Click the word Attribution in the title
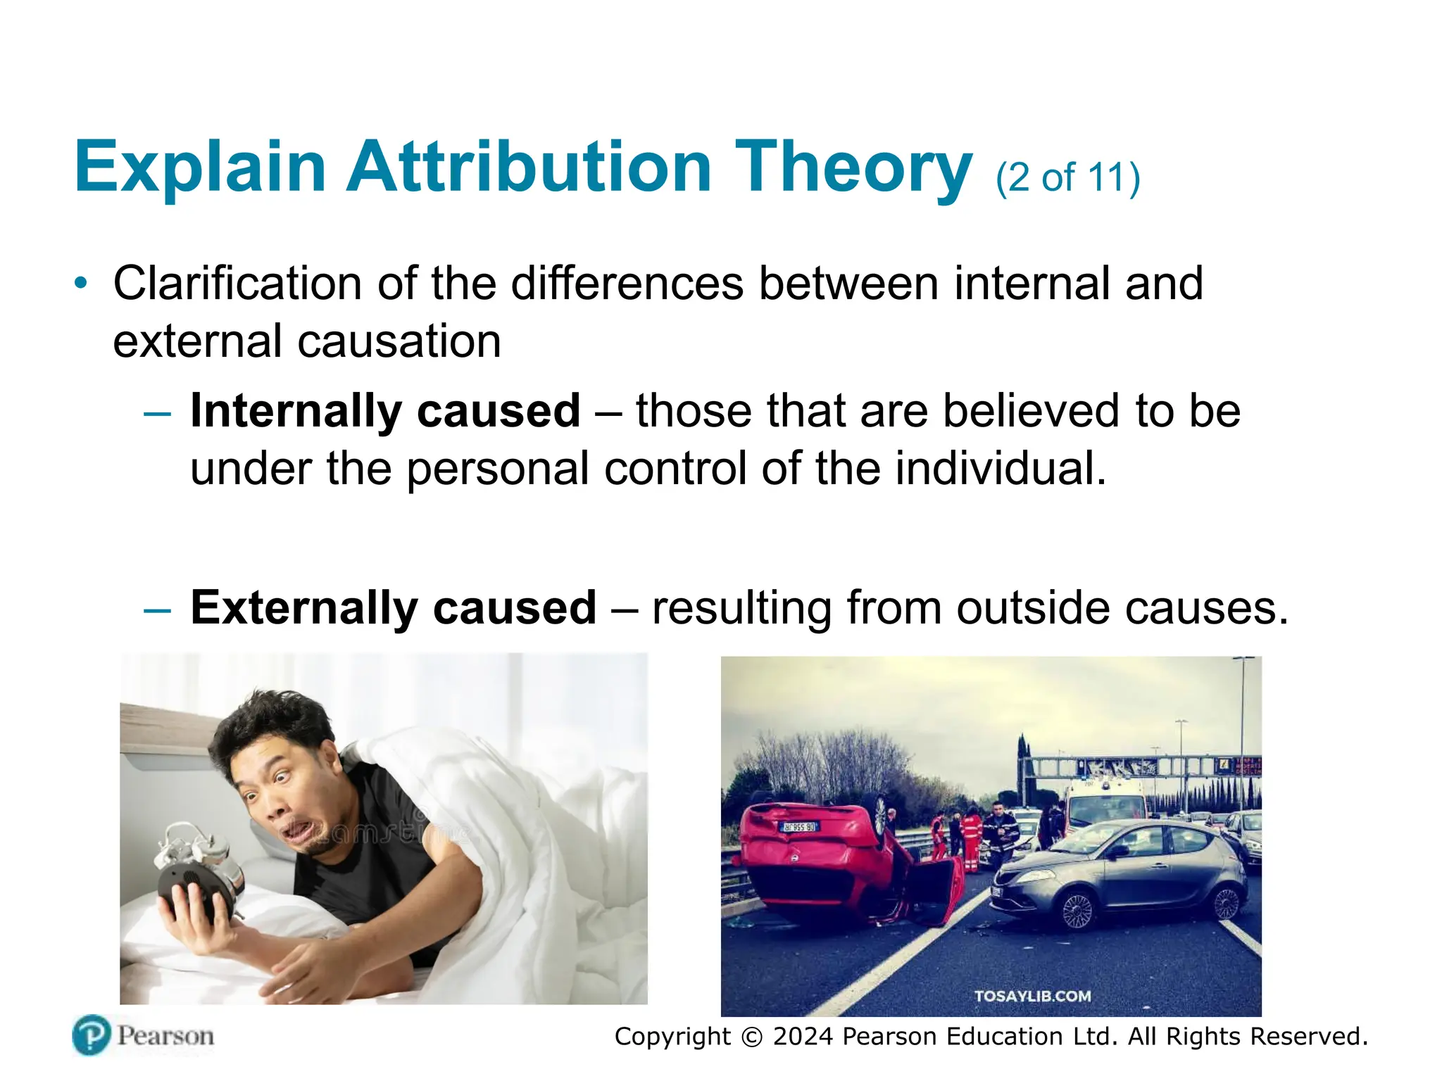tap(529, 167)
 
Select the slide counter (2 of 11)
tap(1067, 177)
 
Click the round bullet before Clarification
tap(82, 284)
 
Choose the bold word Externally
tap(304, 608)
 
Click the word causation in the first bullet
tap(399, 342)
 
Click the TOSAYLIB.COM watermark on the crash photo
tap(1032, 996)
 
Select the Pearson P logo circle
tap(92, 1035)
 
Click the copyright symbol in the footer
tap(752, 1037)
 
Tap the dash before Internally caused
tap(157, 413)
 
